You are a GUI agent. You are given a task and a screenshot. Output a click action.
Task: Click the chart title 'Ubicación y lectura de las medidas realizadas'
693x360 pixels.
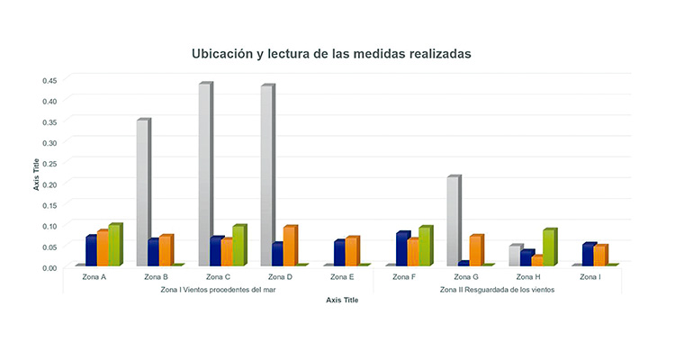331,54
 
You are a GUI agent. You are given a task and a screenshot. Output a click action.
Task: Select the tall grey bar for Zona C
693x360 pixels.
205,175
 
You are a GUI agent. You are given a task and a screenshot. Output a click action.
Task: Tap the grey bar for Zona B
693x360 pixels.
143,193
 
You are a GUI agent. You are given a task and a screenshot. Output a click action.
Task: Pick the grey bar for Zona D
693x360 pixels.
267,175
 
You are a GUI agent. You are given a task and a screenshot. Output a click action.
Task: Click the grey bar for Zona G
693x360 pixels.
454,221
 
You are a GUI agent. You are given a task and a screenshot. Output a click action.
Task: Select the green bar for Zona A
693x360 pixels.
114,245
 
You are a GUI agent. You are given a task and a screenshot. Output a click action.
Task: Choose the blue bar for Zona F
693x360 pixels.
402,249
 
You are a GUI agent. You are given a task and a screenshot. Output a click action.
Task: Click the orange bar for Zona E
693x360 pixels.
352,252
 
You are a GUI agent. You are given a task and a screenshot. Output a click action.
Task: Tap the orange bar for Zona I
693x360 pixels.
600,256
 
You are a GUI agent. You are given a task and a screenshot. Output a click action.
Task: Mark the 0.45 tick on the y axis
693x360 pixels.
49,80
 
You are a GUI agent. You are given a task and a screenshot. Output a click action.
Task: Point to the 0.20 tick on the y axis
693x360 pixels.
49,184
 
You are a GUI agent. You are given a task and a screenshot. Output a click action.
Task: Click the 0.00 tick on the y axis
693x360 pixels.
49,267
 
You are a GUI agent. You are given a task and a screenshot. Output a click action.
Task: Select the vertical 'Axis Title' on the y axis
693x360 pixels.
37,175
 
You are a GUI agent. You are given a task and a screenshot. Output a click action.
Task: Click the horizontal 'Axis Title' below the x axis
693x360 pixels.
342,301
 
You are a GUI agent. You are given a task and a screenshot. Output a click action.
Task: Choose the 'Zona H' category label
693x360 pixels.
528,277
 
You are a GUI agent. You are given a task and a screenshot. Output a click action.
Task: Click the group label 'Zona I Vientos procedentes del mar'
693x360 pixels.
217,290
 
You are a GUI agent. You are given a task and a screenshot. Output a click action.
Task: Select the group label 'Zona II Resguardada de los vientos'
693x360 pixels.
497,290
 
